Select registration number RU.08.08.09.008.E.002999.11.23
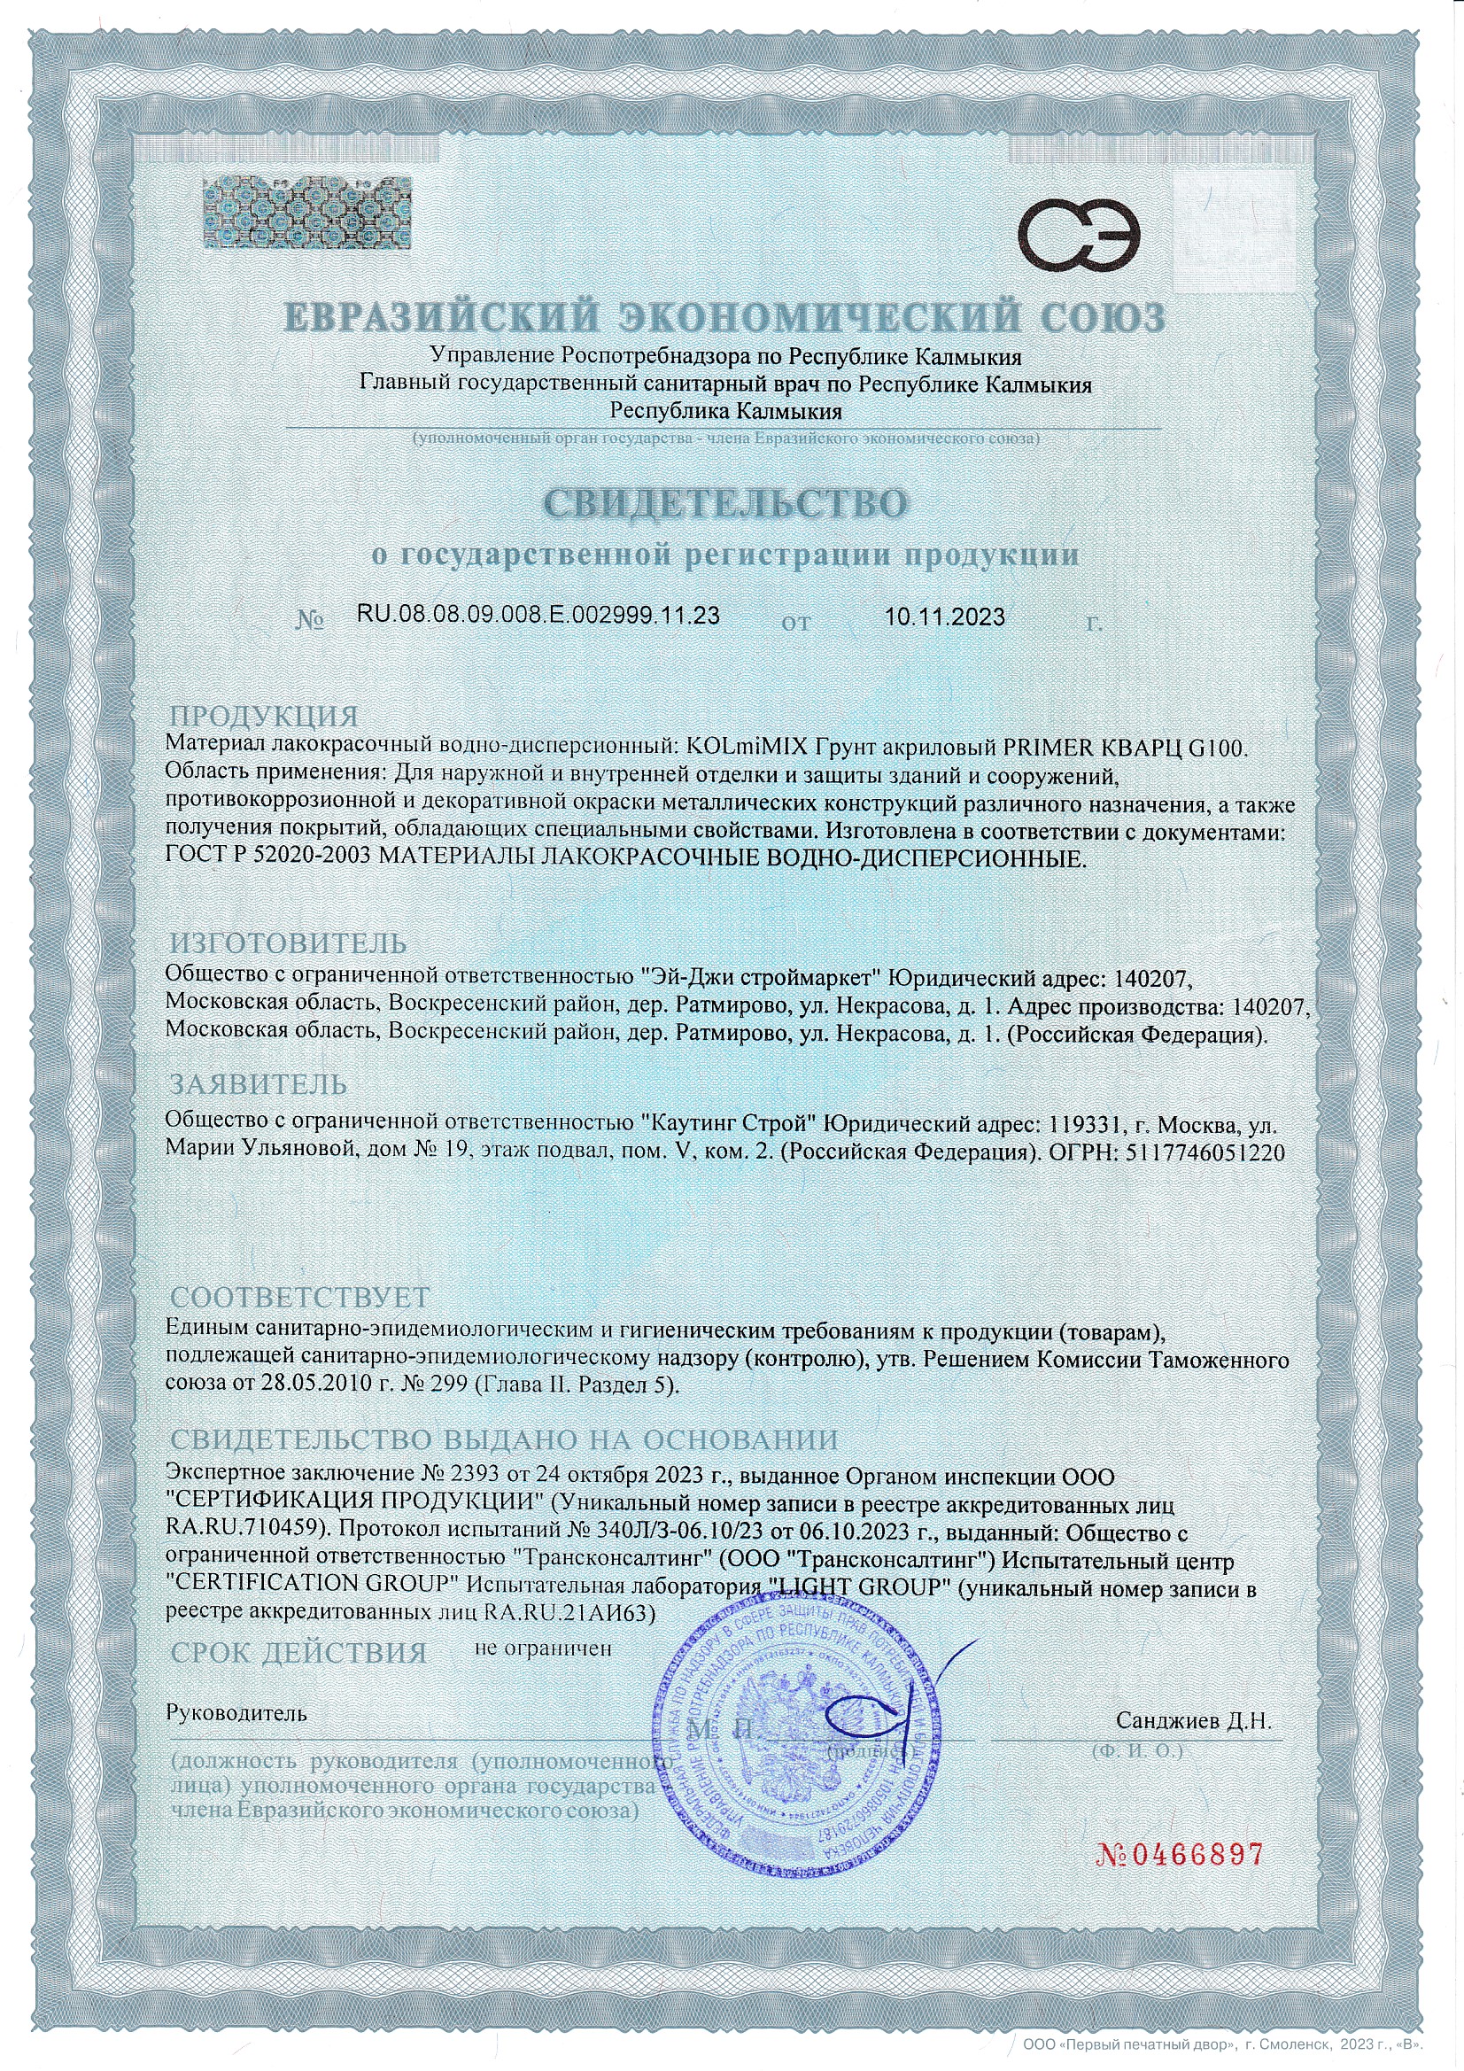tap(538, 615)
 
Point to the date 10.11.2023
tap(944, 617)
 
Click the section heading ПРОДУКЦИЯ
tap(264, 717)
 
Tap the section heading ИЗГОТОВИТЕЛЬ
tap(289, 943)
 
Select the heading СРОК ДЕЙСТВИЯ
tap(298, 1653)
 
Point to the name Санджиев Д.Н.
tap(1193, 1720)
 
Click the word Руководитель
tap(236, 1714)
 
